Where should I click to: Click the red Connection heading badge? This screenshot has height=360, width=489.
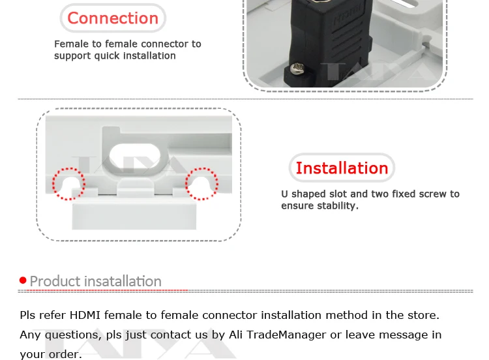[x=113, y=18]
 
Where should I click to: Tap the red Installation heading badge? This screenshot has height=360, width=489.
[x=342, y=168]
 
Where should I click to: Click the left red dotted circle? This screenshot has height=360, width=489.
[x=68, y=184]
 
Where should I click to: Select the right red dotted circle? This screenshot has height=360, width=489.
[x=201, y=184]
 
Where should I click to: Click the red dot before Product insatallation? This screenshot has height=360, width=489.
[x=23, y=280]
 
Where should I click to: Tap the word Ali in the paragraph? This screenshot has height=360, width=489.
[x=237, y=335]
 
